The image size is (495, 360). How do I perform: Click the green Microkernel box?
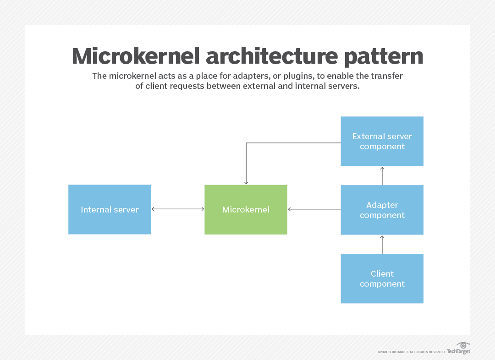246,209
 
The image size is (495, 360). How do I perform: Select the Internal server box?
110,209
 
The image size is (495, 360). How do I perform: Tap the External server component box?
382,141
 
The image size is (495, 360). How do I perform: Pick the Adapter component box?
382,210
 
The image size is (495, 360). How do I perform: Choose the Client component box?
382,278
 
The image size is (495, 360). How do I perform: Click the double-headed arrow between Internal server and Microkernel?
177,209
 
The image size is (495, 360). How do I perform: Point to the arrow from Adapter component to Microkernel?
314,209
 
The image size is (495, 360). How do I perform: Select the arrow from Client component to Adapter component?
382,244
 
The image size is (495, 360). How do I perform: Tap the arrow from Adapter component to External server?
382,175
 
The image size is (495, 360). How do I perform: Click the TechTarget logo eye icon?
463,345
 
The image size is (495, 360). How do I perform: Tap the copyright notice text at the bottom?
411,352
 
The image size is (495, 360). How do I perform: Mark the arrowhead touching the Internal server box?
153,209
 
